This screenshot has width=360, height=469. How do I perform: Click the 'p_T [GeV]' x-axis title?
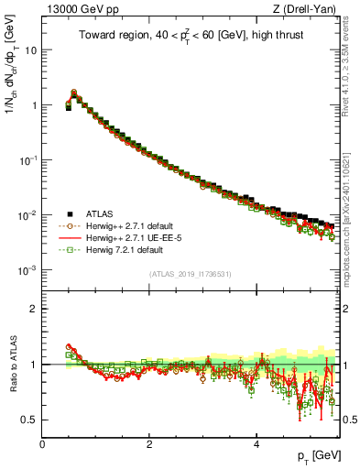(x=313, y=455)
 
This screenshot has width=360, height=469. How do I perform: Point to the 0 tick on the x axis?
(x=43, y=443)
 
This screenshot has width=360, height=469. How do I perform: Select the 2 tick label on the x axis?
(x=149, y=443)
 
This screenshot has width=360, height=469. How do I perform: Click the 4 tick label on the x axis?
(x=256, y=443)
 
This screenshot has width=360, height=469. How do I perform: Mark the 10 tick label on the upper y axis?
(x=30, y=49)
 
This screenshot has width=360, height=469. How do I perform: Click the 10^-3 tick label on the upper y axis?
(x=28, y=270)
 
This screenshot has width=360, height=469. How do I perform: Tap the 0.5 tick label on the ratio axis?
(x=29, y=420)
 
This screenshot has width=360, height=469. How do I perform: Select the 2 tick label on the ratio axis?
(x=34, y=309)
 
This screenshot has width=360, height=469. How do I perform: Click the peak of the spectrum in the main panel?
(x=74, y=93)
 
